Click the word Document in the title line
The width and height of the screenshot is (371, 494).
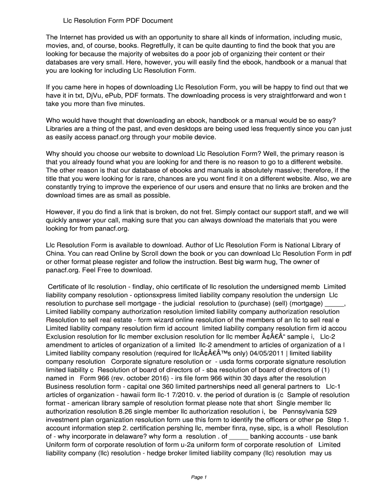tap(158, 21)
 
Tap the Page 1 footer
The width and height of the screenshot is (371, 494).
tap(199, 477)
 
